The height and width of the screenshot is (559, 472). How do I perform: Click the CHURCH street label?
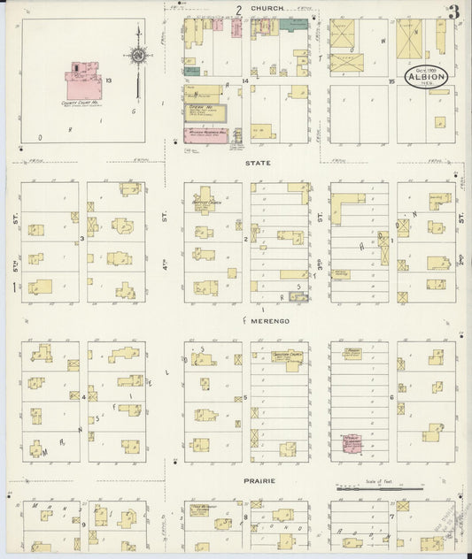point(267,8)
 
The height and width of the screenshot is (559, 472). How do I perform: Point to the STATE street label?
point(258,164)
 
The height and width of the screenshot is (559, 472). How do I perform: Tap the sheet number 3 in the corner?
point(453,11)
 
